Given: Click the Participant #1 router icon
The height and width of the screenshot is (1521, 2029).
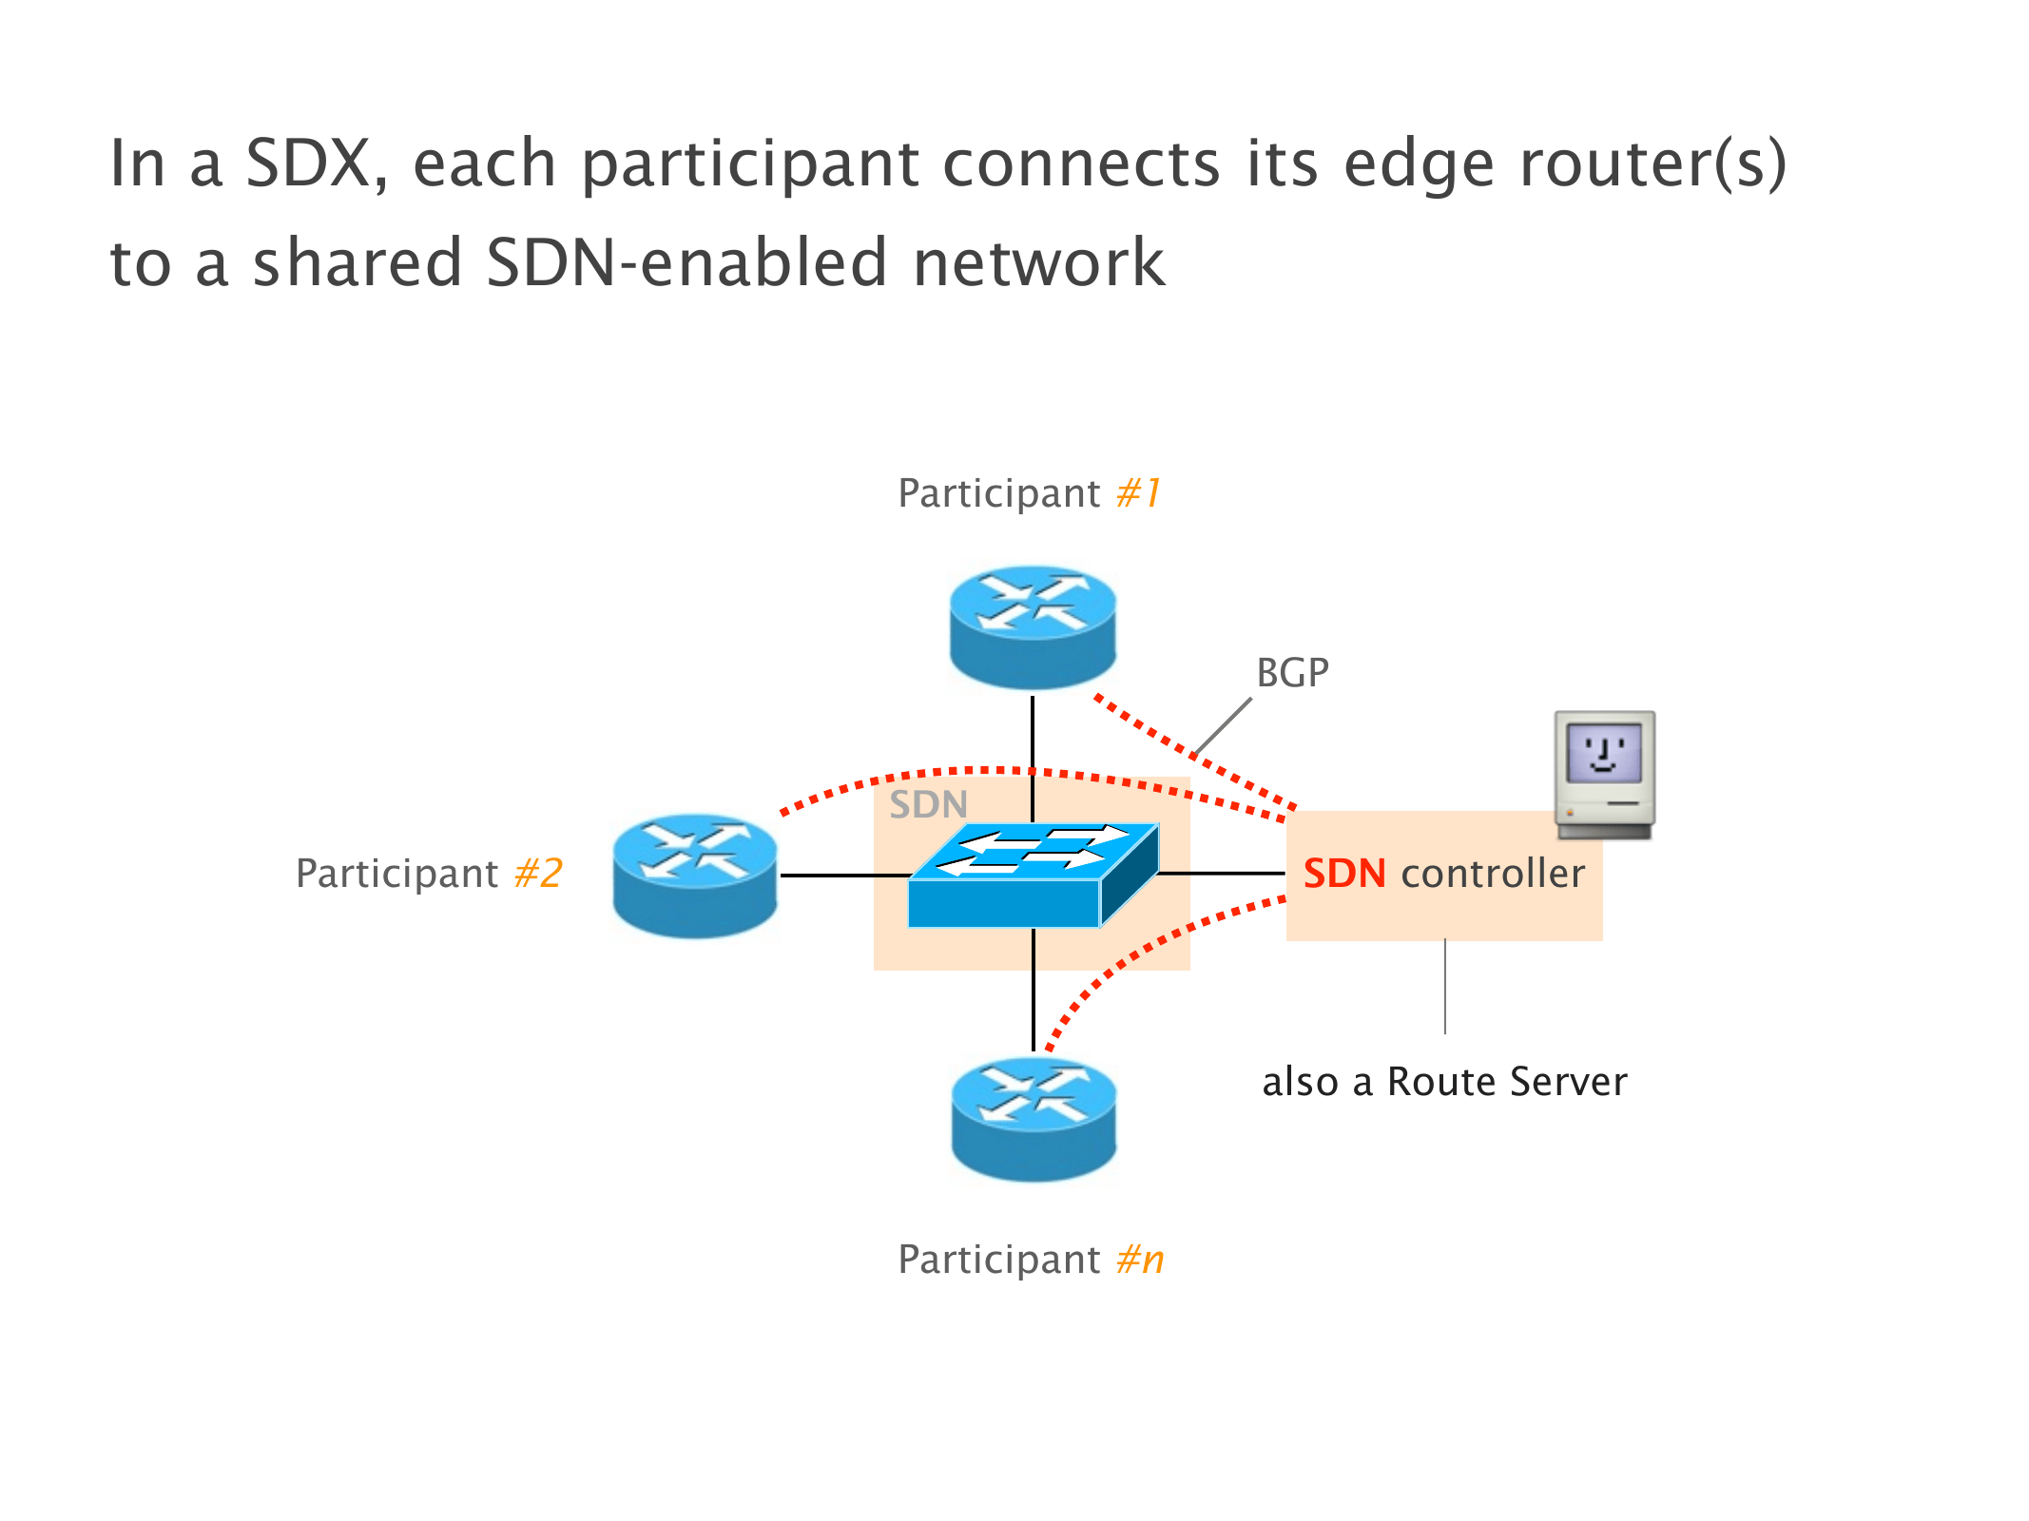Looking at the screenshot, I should pos(1033,626).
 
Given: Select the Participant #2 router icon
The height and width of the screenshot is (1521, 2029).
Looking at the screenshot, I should pos(695,875).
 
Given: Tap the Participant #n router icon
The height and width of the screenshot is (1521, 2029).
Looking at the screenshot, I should pos(1034,1119).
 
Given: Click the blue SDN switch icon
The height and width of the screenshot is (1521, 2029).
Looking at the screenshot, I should pos(1033,875).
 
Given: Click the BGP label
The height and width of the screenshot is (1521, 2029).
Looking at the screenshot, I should pos(1292,673).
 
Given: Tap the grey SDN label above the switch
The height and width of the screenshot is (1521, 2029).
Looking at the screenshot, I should pos(928,805).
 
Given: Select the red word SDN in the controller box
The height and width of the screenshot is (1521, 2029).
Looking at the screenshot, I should pos(1344,874).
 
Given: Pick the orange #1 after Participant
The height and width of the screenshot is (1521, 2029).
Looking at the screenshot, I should pos(1138,493).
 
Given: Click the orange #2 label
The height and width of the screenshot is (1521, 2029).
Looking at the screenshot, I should pos(538,874).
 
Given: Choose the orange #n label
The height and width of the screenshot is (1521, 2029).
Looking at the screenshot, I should pos(1140,1260).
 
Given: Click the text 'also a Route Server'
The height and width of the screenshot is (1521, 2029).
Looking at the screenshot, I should pos(1444,1082).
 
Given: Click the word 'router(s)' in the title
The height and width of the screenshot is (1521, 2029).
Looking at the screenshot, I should pos(1653,164).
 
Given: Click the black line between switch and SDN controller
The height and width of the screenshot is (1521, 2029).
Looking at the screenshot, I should pos(1222,873).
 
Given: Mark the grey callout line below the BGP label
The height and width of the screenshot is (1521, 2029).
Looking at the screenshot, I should pos(1223,727).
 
